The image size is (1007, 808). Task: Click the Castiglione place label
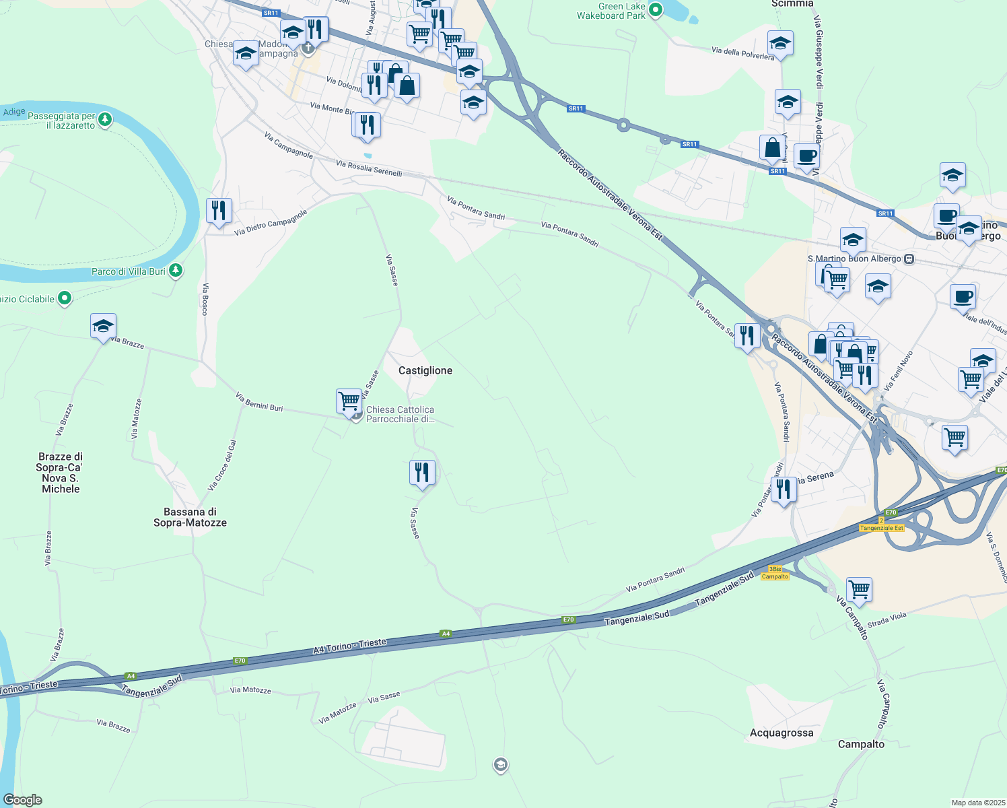tap(425, 370)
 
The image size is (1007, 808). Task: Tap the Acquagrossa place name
tap(782, 733)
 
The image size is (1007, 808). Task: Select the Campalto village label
tap(861, 744)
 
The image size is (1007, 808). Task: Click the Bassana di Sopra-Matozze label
tap(190, 517)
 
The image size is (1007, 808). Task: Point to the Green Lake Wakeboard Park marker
tap(656, 10)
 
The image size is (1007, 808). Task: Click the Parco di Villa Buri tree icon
tap(176, 271)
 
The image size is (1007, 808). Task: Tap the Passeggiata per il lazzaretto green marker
tap(104, 120)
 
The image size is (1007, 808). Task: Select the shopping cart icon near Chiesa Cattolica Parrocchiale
tap(349, 401)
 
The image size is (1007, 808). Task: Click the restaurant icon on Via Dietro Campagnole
tap(219, 211)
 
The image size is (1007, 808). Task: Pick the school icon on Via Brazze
tap(103, 326)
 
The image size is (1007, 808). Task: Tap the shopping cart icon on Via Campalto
tap(859, 590)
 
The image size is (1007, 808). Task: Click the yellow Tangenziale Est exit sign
tap(882, 528)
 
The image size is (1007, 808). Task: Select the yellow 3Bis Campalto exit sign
tap(775, 573)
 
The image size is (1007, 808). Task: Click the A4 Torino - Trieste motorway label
tap(350, 645)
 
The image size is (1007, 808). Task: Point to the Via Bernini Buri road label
tap(259, 402)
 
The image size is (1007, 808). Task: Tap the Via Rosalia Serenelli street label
tap(369, 168)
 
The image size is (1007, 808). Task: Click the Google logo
tap(23, 800)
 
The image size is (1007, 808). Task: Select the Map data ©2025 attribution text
tap(978, 803)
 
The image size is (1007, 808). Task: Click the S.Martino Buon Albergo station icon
tap(909, 259)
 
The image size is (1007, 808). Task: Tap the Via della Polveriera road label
tap(743, 53)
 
